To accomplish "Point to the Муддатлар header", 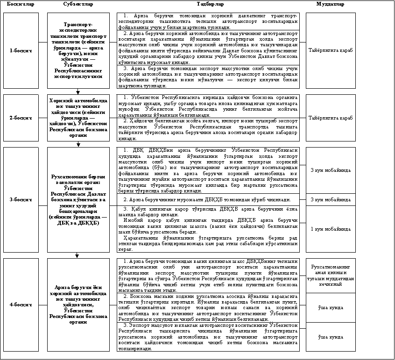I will point(330,4).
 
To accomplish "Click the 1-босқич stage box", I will point(21,50).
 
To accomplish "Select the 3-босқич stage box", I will point(21,199).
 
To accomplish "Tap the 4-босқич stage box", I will point(21,304).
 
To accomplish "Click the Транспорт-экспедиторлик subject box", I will point(78,50).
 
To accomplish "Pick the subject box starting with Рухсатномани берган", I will point(78,199).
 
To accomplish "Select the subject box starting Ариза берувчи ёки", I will point(78,304).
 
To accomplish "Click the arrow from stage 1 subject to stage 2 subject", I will point(78,92).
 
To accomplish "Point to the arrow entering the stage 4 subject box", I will point(78,254).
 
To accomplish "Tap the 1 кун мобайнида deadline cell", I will point(330,229).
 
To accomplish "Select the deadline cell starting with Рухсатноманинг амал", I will point(330,275).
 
